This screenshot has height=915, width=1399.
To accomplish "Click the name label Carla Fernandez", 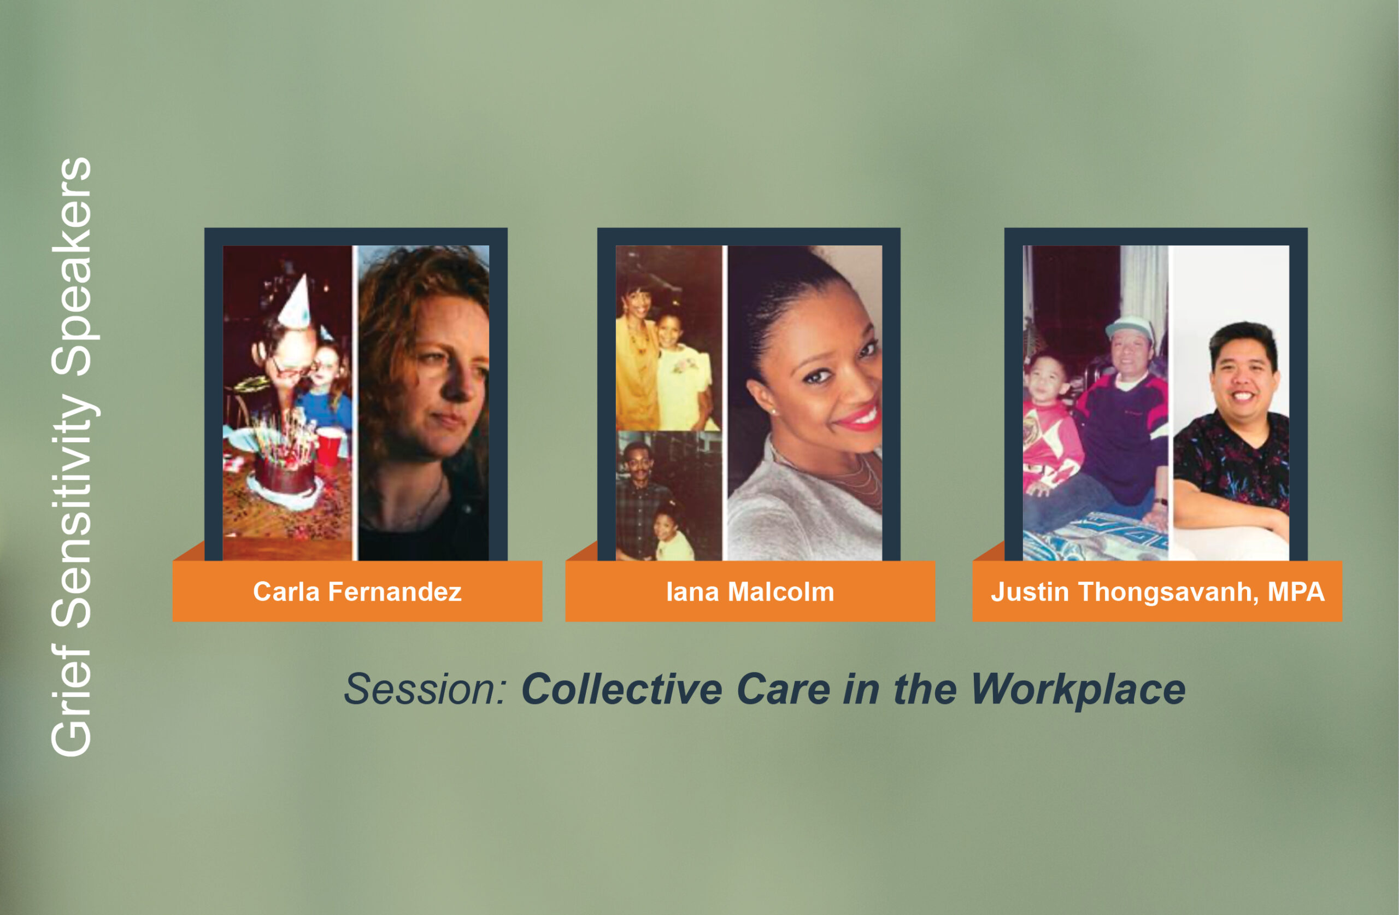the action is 357,591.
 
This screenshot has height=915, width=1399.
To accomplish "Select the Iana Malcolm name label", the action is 750,591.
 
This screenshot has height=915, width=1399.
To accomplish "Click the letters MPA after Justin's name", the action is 1296,591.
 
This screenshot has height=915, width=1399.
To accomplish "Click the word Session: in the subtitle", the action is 426,689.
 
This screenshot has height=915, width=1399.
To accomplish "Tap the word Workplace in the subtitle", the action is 1078,689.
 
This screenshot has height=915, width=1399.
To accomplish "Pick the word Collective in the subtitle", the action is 622,689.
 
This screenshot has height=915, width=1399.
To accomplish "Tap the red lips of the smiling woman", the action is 858,417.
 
